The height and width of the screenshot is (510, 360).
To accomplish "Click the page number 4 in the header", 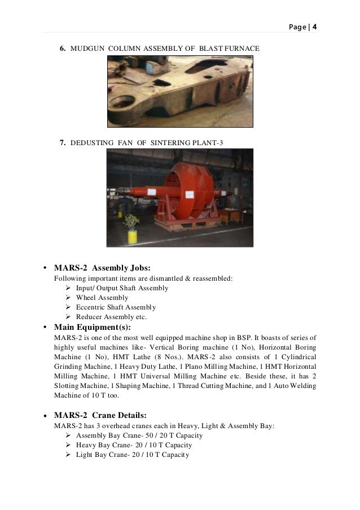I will click(315, 26).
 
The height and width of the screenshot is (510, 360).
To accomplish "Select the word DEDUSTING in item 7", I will click(92, 142).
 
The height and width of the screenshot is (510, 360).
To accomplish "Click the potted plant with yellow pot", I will click(132, 227).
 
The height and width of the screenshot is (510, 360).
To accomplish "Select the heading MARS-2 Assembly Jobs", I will click(102, 267).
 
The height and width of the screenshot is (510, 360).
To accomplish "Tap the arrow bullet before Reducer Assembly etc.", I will click(69, 317).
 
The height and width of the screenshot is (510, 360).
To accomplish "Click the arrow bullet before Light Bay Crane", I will click(69, 455).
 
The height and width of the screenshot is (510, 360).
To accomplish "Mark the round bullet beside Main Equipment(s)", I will click(45, 328).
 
